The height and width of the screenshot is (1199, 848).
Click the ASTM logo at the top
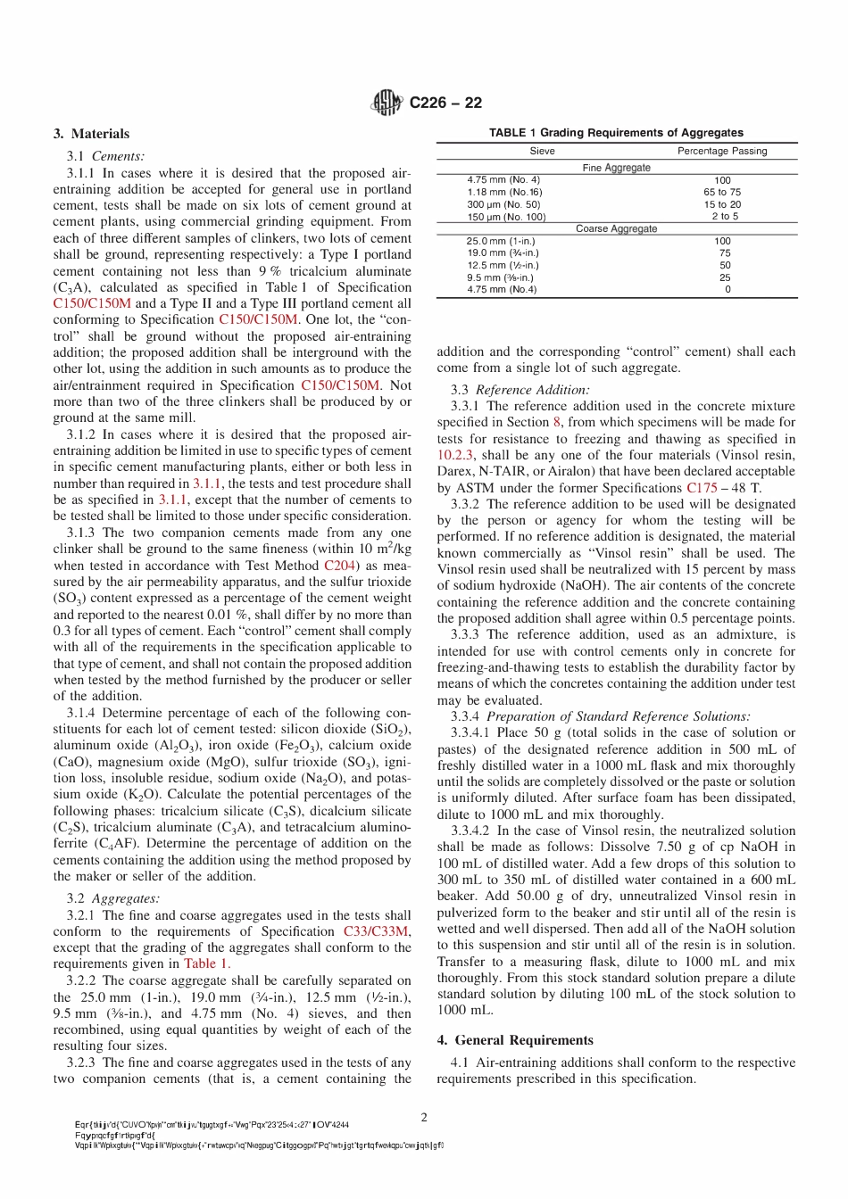387,103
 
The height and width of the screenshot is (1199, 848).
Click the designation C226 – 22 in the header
445,103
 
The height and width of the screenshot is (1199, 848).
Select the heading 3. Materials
91,134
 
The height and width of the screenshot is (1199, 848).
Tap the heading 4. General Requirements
515,1040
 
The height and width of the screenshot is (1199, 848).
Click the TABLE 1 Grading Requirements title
616,132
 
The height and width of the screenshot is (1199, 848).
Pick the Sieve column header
542,151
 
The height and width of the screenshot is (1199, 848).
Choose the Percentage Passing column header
722,151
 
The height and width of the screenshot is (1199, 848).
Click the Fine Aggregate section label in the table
616,168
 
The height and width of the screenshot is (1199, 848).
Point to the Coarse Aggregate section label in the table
616,228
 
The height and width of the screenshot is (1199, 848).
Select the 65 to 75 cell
722,192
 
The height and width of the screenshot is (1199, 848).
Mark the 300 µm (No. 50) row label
503,204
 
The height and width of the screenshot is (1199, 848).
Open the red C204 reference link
339,566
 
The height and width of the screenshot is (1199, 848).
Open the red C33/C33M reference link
377,931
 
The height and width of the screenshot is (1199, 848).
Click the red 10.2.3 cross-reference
454,455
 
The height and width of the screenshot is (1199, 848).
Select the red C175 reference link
702,488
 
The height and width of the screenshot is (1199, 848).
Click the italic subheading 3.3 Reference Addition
520,390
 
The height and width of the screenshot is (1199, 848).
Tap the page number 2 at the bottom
424,1117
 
